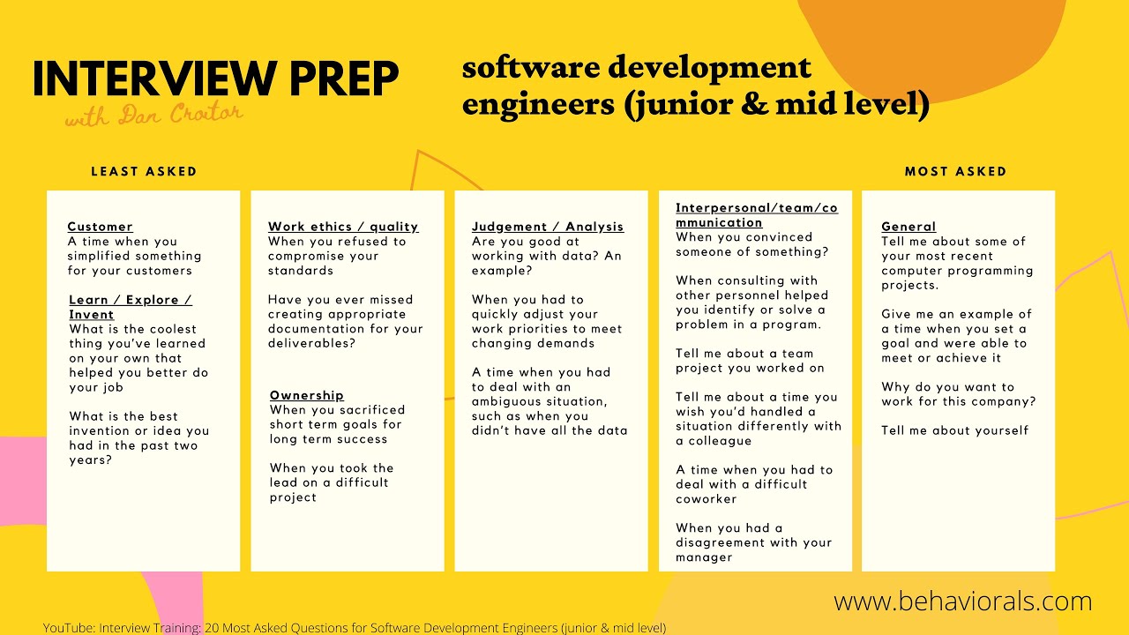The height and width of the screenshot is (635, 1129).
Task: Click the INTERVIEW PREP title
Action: (x=215, y=79)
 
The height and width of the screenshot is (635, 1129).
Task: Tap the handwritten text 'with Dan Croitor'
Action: (x=153, y=115)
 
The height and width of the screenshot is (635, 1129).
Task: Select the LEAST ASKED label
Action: (x=144, y=171)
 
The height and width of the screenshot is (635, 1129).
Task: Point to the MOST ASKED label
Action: (x=955, y=171)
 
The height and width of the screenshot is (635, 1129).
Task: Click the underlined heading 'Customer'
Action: (x=100, y=227)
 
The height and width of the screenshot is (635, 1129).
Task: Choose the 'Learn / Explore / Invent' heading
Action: (x=130, y=307)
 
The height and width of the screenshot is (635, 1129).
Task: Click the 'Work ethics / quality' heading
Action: (x=343, y=227)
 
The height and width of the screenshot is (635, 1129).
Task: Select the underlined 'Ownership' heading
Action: (x=306, y=395)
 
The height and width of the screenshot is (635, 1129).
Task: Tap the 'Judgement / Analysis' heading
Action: (x=547, y=227)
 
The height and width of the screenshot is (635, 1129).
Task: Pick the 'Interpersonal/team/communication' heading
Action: (x=756, y=215)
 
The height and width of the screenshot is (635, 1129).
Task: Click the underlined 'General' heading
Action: (x=908, y=227)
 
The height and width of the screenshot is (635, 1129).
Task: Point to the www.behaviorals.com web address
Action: (x=962, y=601)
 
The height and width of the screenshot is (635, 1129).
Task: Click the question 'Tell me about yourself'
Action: (x=954, y=430)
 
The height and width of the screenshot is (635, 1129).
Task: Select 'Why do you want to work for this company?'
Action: (x=958, y=394)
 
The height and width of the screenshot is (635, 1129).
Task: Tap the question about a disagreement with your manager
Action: (x=753, y=542)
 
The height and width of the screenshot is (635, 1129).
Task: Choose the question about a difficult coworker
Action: (x=753, y=484)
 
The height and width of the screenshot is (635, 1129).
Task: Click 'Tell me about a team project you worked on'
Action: (x=750, y=361)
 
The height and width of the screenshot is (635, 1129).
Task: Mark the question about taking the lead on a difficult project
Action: (x=332, y=482)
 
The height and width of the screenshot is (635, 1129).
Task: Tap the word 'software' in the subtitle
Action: (x=526, y=68)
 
